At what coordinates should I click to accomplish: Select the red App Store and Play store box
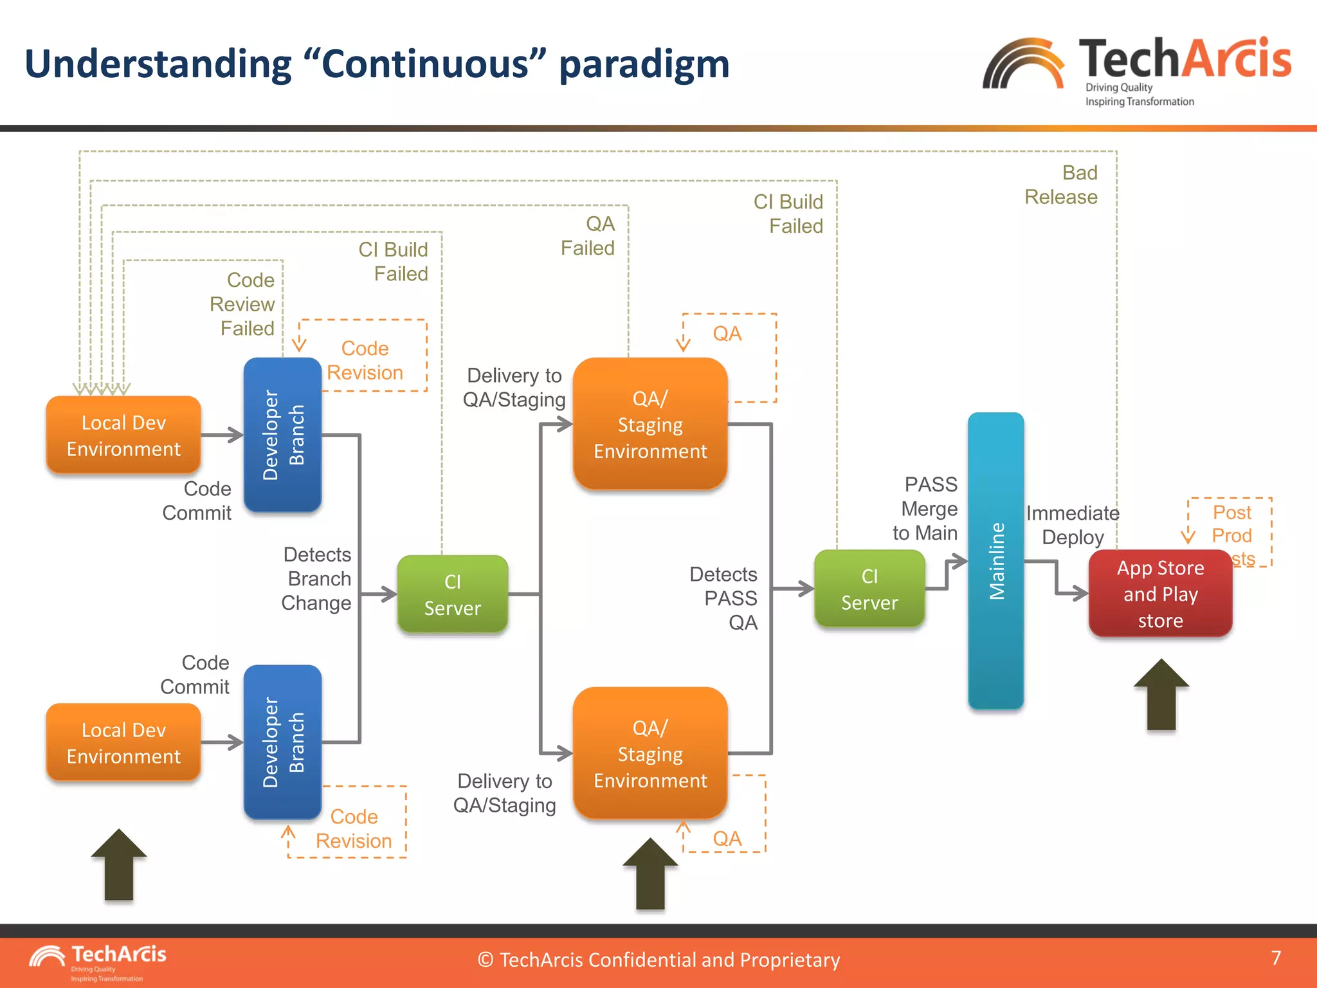pos(1160,594)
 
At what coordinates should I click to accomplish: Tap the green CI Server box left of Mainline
pos(869,589)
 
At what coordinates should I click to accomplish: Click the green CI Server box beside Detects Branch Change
pos(452,594)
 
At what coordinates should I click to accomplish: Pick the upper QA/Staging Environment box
pos(650,425)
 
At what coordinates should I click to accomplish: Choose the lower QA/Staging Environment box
pos(650,754)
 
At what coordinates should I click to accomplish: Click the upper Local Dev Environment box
pos(123,435)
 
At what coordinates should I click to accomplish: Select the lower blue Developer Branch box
pos(282,742)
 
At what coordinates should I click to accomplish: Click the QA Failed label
pos(588,236)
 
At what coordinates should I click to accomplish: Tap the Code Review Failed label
pos(243,304)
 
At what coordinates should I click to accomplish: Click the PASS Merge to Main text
pos(926,508)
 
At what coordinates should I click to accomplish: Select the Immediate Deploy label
pos(1072,525)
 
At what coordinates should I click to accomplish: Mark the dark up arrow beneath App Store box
pos(1161,695)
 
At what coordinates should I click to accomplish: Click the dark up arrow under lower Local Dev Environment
pos(119,865)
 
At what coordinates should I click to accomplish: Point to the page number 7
pos(1276,958)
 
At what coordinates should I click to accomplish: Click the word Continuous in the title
pos(424,64)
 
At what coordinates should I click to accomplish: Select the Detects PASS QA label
pos(725,598)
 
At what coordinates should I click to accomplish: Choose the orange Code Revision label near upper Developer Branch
pos(365,360)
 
